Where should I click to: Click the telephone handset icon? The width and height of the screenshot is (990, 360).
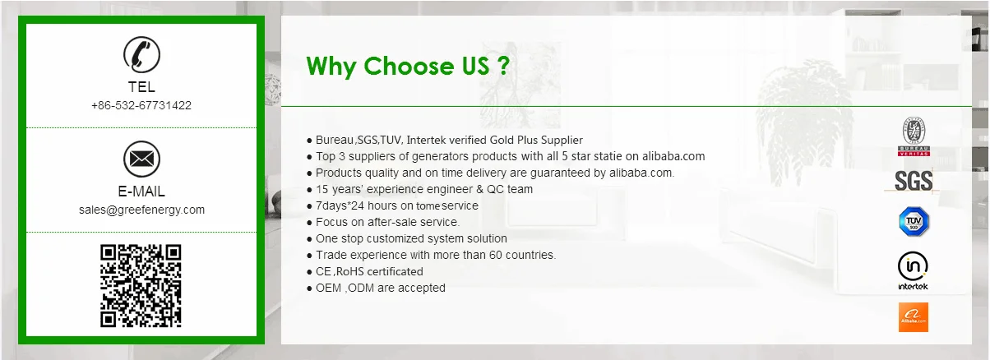point(141,54)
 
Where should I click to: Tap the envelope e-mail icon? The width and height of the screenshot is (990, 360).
point(141,159)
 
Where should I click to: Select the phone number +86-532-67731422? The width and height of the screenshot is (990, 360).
point(141,105)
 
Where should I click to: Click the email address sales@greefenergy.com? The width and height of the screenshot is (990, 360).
point(141,210)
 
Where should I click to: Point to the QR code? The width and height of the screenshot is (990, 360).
point(141,286)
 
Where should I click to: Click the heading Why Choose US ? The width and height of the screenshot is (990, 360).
point(408,67)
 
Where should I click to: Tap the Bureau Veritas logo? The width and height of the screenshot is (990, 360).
point(914,136)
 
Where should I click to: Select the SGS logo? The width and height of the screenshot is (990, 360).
point(913,181)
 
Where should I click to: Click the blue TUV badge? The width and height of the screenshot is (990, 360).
point(914,221)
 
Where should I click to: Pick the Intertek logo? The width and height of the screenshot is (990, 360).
point(913,270)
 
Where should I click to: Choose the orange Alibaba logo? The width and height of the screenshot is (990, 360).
point(913,317)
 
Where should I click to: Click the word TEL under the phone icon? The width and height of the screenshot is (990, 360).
point(141,87)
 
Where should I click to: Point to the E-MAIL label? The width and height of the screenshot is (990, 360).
point(141,192)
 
